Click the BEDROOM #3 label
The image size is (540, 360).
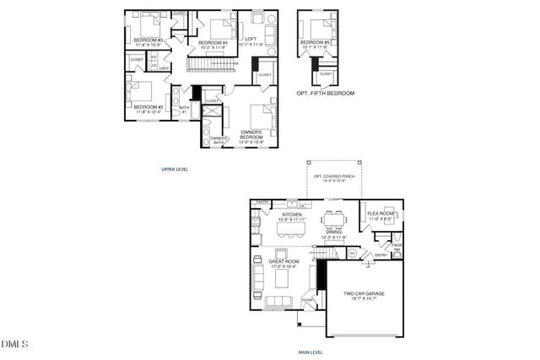(148, 40)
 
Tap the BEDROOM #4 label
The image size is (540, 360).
(213, 42)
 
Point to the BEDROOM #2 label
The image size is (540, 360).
(148, 107)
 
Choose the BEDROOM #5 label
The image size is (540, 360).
(316, 42)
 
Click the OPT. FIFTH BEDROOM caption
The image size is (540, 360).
(326, 93)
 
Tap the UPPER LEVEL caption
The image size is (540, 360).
(175, 169)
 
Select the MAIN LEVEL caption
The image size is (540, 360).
(311, 352)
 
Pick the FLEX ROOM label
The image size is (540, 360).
(381, 214)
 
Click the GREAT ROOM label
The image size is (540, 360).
(284, 261)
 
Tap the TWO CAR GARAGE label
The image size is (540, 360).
(364, 293)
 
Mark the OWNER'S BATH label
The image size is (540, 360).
(219, 139)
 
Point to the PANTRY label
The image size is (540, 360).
(262, 202)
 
